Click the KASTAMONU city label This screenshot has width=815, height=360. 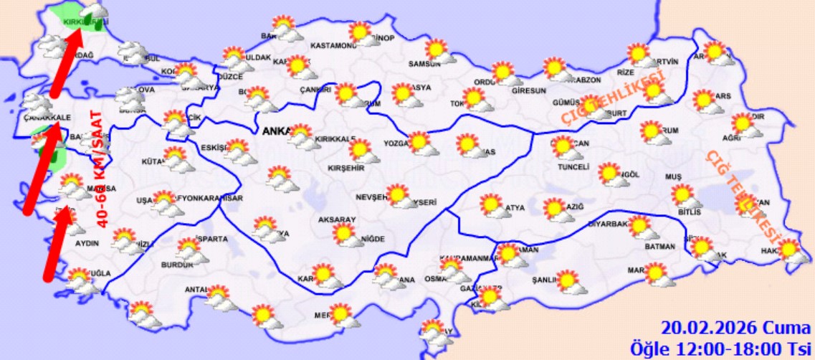[333, 47]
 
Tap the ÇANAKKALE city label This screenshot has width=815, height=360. [46, 117]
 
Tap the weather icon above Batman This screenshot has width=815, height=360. [642, 228]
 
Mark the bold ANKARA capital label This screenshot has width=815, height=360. [275, 131]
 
